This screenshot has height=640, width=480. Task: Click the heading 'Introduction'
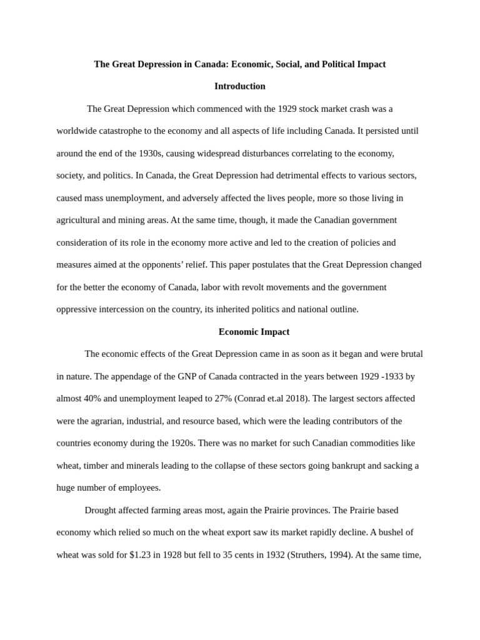(239, 86)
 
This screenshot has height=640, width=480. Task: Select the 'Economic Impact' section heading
(254, 332)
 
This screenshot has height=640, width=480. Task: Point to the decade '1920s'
(178, 443)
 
